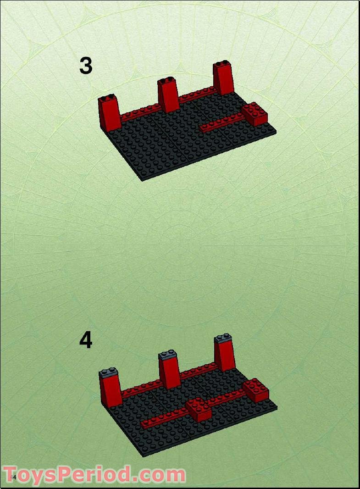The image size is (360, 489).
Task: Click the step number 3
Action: coord(86,66)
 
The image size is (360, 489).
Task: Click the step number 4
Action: coord(86,340)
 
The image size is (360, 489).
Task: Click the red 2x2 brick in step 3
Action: coord(255,114)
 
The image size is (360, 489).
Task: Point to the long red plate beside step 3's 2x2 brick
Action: coord(222,123)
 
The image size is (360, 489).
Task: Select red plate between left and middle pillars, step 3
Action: coord(140,112)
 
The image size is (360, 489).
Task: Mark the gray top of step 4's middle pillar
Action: coord(168,355)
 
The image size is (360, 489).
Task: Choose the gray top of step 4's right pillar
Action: coord(223,339)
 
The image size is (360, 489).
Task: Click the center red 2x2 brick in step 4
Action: coord(199,410)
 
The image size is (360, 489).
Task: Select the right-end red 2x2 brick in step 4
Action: coord(255,390)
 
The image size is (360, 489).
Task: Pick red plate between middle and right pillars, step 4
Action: coord(197,371)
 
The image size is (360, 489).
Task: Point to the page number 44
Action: coord(13,478)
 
